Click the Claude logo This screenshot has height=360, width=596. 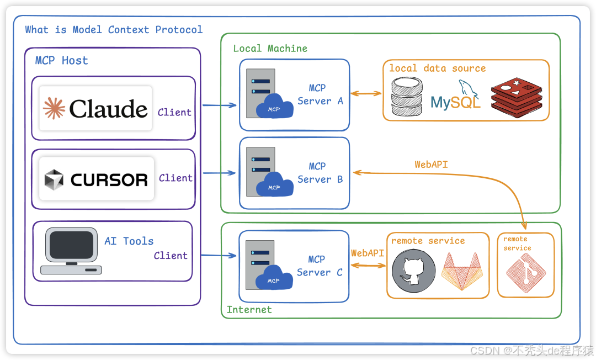[x=96, y=109]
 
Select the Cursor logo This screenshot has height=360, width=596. [x=96, y=179]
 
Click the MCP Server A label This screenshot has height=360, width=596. [x=320, y=94]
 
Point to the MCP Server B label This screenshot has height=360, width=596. [x=320, y=173]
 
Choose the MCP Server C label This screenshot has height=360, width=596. [x=320, y=266]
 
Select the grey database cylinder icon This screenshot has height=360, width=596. [x=407, y=97]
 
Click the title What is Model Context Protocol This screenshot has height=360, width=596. [x=114, y=30]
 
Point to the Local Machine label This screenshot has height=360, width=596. [x=270, y=49]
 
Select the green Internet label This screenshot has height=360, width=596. [x=249, y=310]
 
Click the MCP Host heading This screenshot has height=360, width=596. [x=61, y=61]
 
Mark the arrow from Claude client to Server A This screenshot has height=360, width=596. [x=219, y=105]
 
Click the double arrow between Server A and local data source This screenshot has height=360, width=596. [x=366, y=93]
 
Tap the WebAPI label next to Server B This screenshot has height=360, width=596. [x=431, y=165]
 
